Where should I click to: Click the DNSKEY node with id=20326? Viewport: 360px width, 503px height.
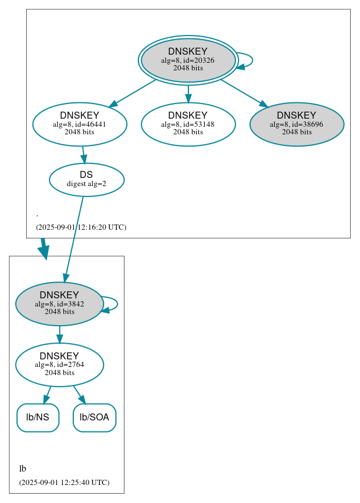pyautogui.click(x=188, y=60)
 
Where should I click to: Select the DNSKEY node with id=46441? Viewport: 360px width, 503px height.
pyautogui.click(x=80, y=124)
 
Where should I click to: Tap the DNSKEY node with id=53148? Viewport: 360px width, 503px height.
pyautogui.click(x=188, y=124)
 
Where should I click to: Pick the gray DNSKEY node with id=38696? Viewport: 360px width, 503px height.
pyautogui.click(x=297, y=124)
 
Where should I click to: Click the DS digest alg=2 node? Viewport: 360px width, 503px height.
pyautogui.click(x=86, y=179)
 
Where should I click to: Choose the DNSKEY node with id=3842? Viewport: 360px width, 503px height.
pyautogui.click(x=59, y=304)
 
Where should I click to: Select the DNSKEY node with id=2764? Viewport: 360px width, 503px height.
pyautogui.click(x=59, y=365)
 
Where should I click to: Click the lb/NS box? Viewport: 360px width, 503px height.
pyautogui.click(x=38, y=418)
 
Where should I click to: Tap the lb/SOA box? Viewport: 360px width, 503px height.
pyautogui.click(x=94, y=418)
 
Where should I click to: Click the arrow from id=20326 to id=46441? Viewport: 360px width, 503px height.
pyautogui.click(x=133, y=92)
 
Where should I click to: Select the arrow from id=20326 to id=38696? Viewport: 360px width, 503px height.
pyautogui.click(x=244, y=92)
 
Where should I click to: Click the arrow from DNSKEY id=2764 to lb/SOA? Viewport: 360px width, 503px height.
pyautogui.click(x=79, y=395)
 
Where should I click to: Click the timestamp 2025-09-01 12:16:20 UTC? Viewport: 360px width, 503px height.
pyautogui.click(x=81, y=227)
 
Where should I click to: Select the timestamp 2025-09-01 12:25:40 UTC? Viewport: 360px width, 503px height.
pyautogui.click(x=64, y=482)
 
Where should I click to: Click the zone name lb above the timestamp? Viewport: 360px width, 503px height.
pyautogui.click(x=23, y=469)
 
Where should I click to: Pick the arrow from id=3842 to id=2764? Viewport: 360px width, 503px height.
pyautogui.click(x=59, y=334)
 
